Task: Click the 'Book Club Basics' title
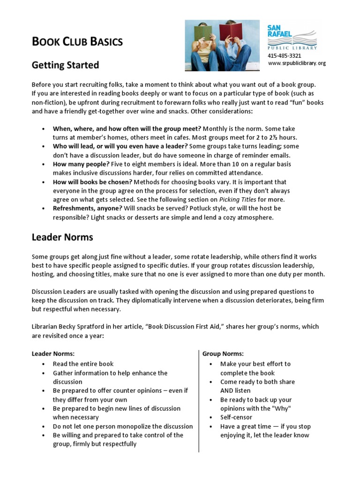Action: pos(77,42)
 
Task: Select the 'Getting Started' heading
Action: pos(65,65)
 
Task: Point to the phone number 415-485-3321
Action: pos(284,56)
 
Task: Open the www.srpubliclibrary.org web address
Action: pos(296,63)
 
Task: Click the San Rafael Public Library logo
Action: pos(292,37)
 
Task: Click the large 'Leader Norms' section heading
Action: pos(62,237)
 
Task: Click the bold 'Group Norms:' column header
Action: pos(223,353)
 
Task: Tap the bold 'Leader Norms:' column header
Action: pos(53,353)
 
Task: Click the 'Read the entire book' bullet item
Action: pos(83,364)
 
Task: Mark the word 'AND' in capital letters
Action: pos(227,390)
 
